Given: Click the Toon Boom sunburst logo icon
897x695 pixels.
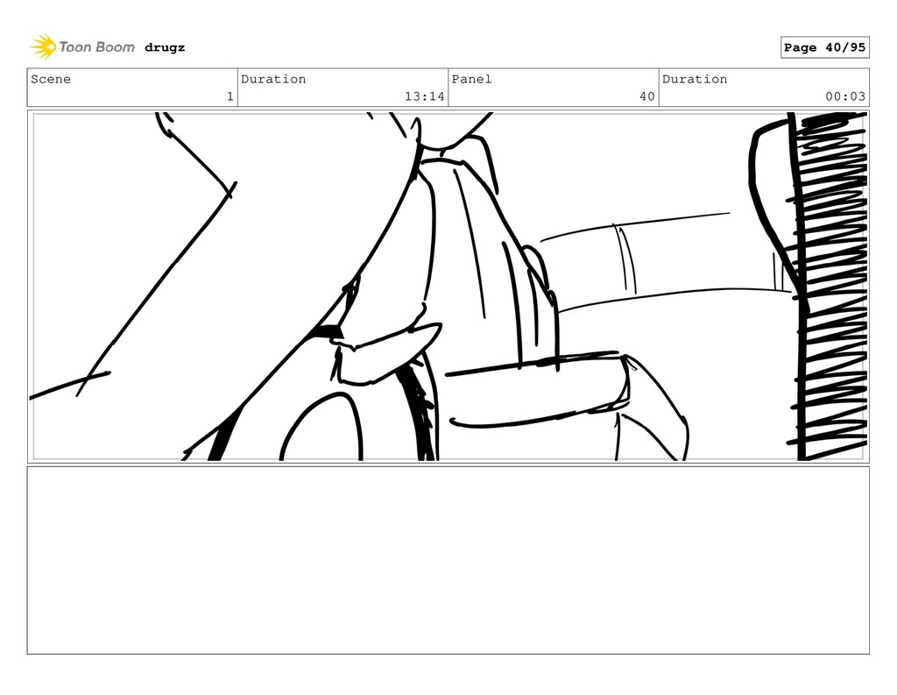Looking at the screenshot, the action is tap(43, 47).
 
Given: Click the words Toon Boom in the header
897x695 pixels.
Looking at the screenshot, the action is tap(96, 47).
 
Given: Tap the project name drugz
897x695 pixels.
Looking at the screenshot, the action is tap(165, 47).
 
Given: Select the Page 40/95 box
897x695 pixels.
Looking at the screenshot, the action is tap(824, 47).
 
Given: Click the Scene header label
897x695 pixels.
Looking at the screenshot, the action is tap(51, 79).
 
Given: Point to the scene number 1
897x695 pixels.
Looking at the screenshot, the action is tap(230, 96).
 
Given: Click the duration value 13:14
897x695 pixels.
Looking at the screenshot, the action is tap(424, 96).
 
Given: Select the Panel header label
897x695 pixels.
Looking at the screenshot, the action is tap(471, 79).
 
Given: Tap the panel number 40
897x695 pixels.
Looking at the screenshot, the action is tap(647, 96).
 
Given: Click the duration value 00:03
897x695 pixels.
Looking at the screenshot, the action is tap(845, 96).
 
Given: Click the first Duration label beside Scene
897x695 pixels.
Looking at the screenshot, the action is tap(273, 79).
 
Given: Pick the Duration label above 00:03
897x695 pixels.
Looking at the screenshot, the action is tap(695, 79).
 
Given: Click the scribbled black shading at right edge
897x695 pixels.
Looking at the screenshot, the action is tap(830, 287).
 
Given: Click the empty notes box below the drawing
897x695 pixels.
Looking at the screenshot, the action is tap(448, 560).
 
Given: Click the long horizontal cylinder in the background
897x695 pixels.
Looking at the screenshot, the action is tap(664, 260).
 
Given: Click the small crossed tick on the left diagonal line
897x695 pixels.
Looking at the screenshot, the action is tap(231, 190).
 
